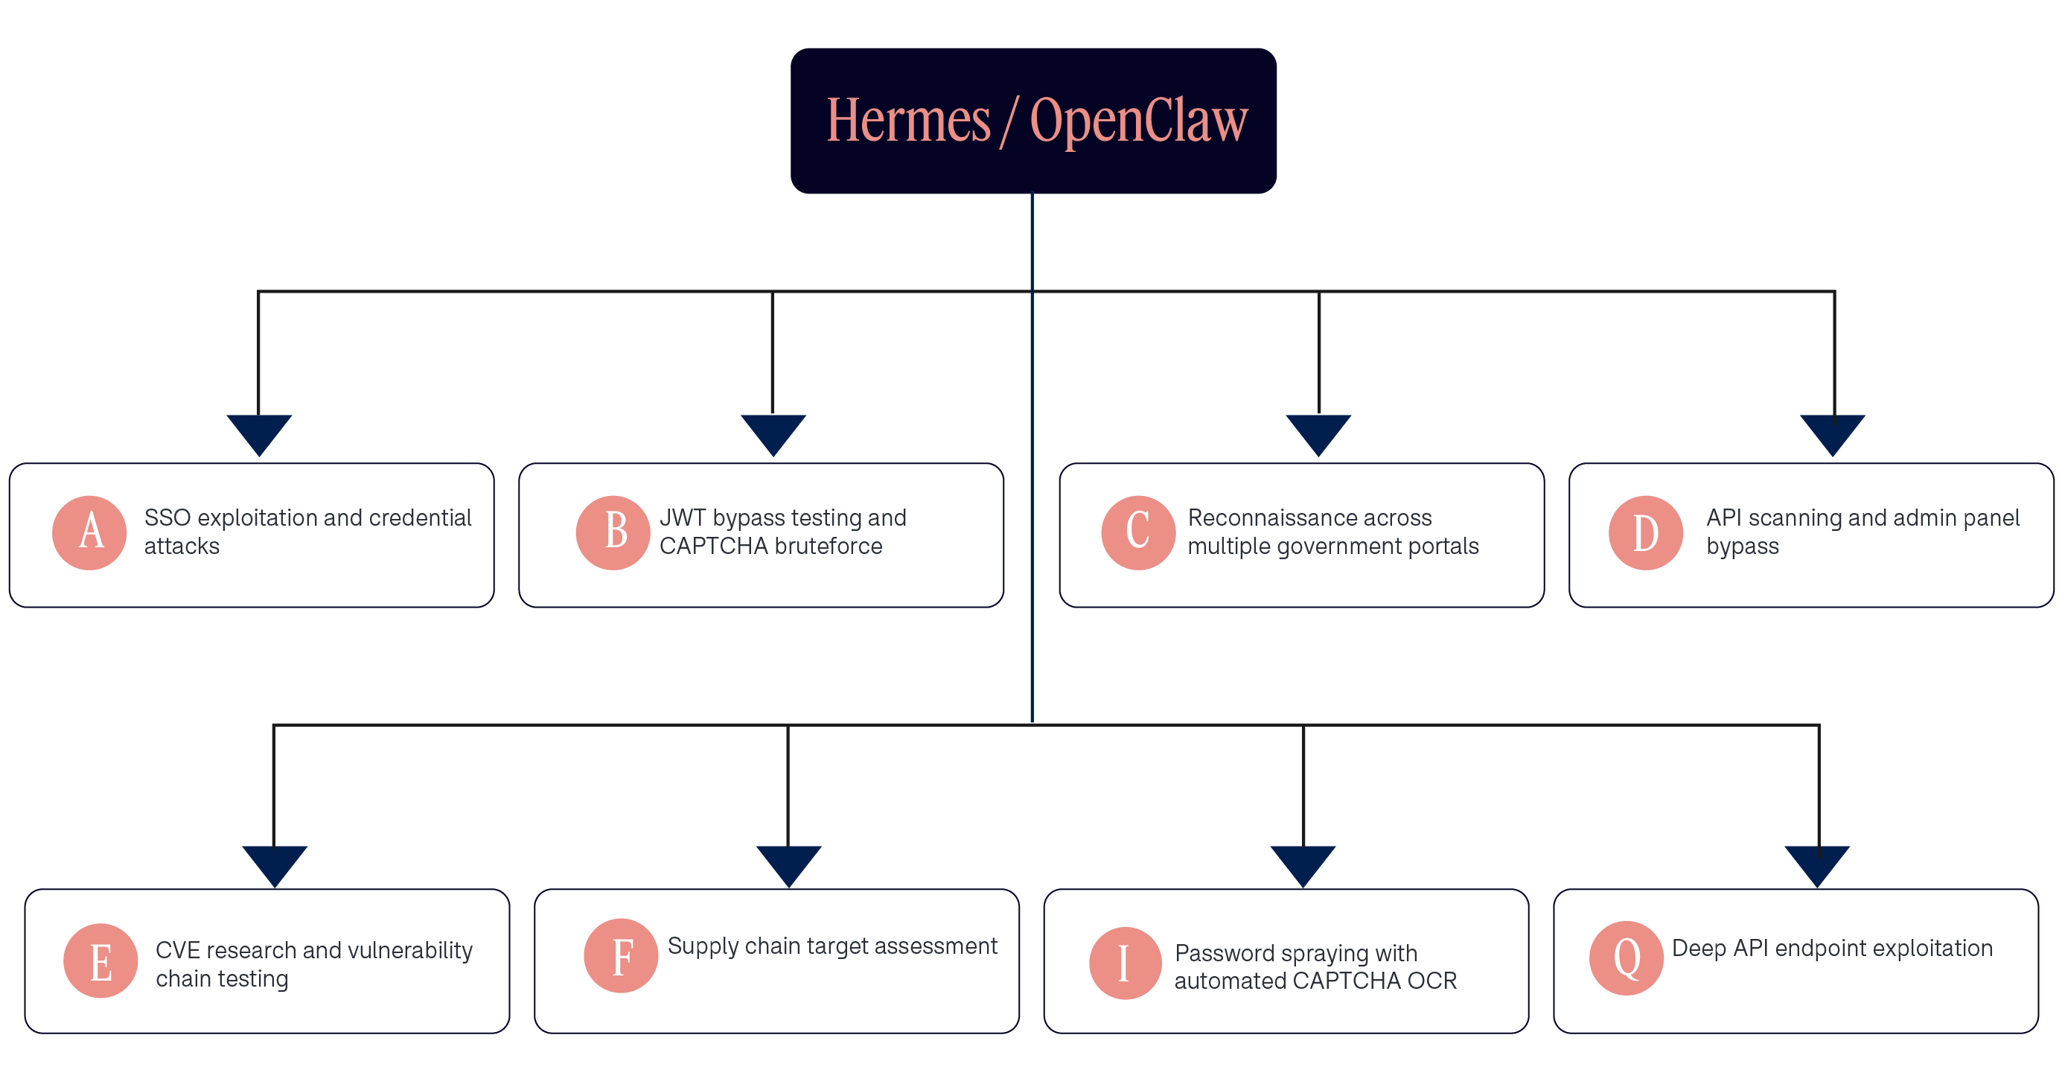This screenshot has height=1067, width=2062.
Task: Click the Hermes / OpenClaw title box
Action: pyautogui.click(x=1032, y=121)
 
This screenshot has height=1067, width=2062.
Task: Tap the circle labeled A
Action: pyautogui.click(x=89, y=532)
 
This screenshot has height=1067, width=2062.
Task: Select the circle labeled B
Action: pyautogui.click(x=613, y=532)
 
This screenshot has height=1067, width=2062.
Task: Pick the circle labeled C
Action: pyautogui.click(x=1138, y=532)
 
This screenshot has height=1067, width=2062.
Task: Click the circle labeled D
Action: pyautogui.click(x=1646, y=532)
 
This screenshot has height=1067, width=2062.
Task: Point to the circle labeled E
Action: pyautogui.click(x=100, y=961)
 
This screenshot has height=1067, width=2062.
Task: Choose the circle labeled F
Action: pyautogui.click(x=621, y=956)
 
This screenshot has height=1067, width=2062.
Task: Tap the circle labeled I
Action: pyautogui.click(x=1126, y=963)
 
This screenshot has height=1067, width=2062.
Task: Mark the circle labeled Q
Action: pyautogui.click(x=1627, y=958)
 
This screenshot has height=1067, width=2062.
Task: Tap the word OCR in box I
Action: pyautogui.click(x=1432, y=981)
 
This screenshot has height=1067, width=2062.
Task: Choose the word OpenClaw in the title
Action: pyautogui.click(x=1139, y=121)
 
